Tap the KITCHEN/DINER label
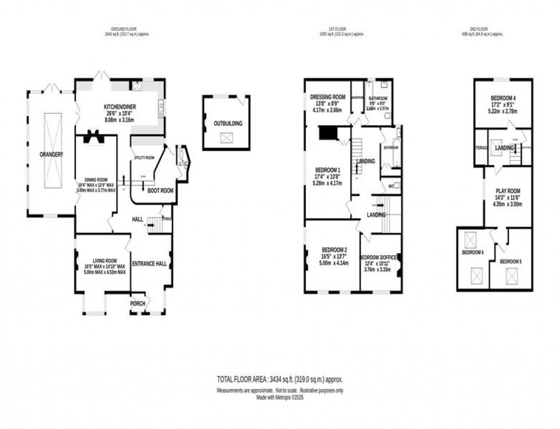tap(119, 107)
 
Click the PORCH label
tap(138, 303)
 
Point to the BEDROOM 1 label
tap(327, 170)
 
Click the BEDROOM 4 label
tap(503, 98)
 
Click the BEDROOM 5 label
tap(510, 261)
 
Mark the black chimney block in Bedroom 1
tap(327, 133)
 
